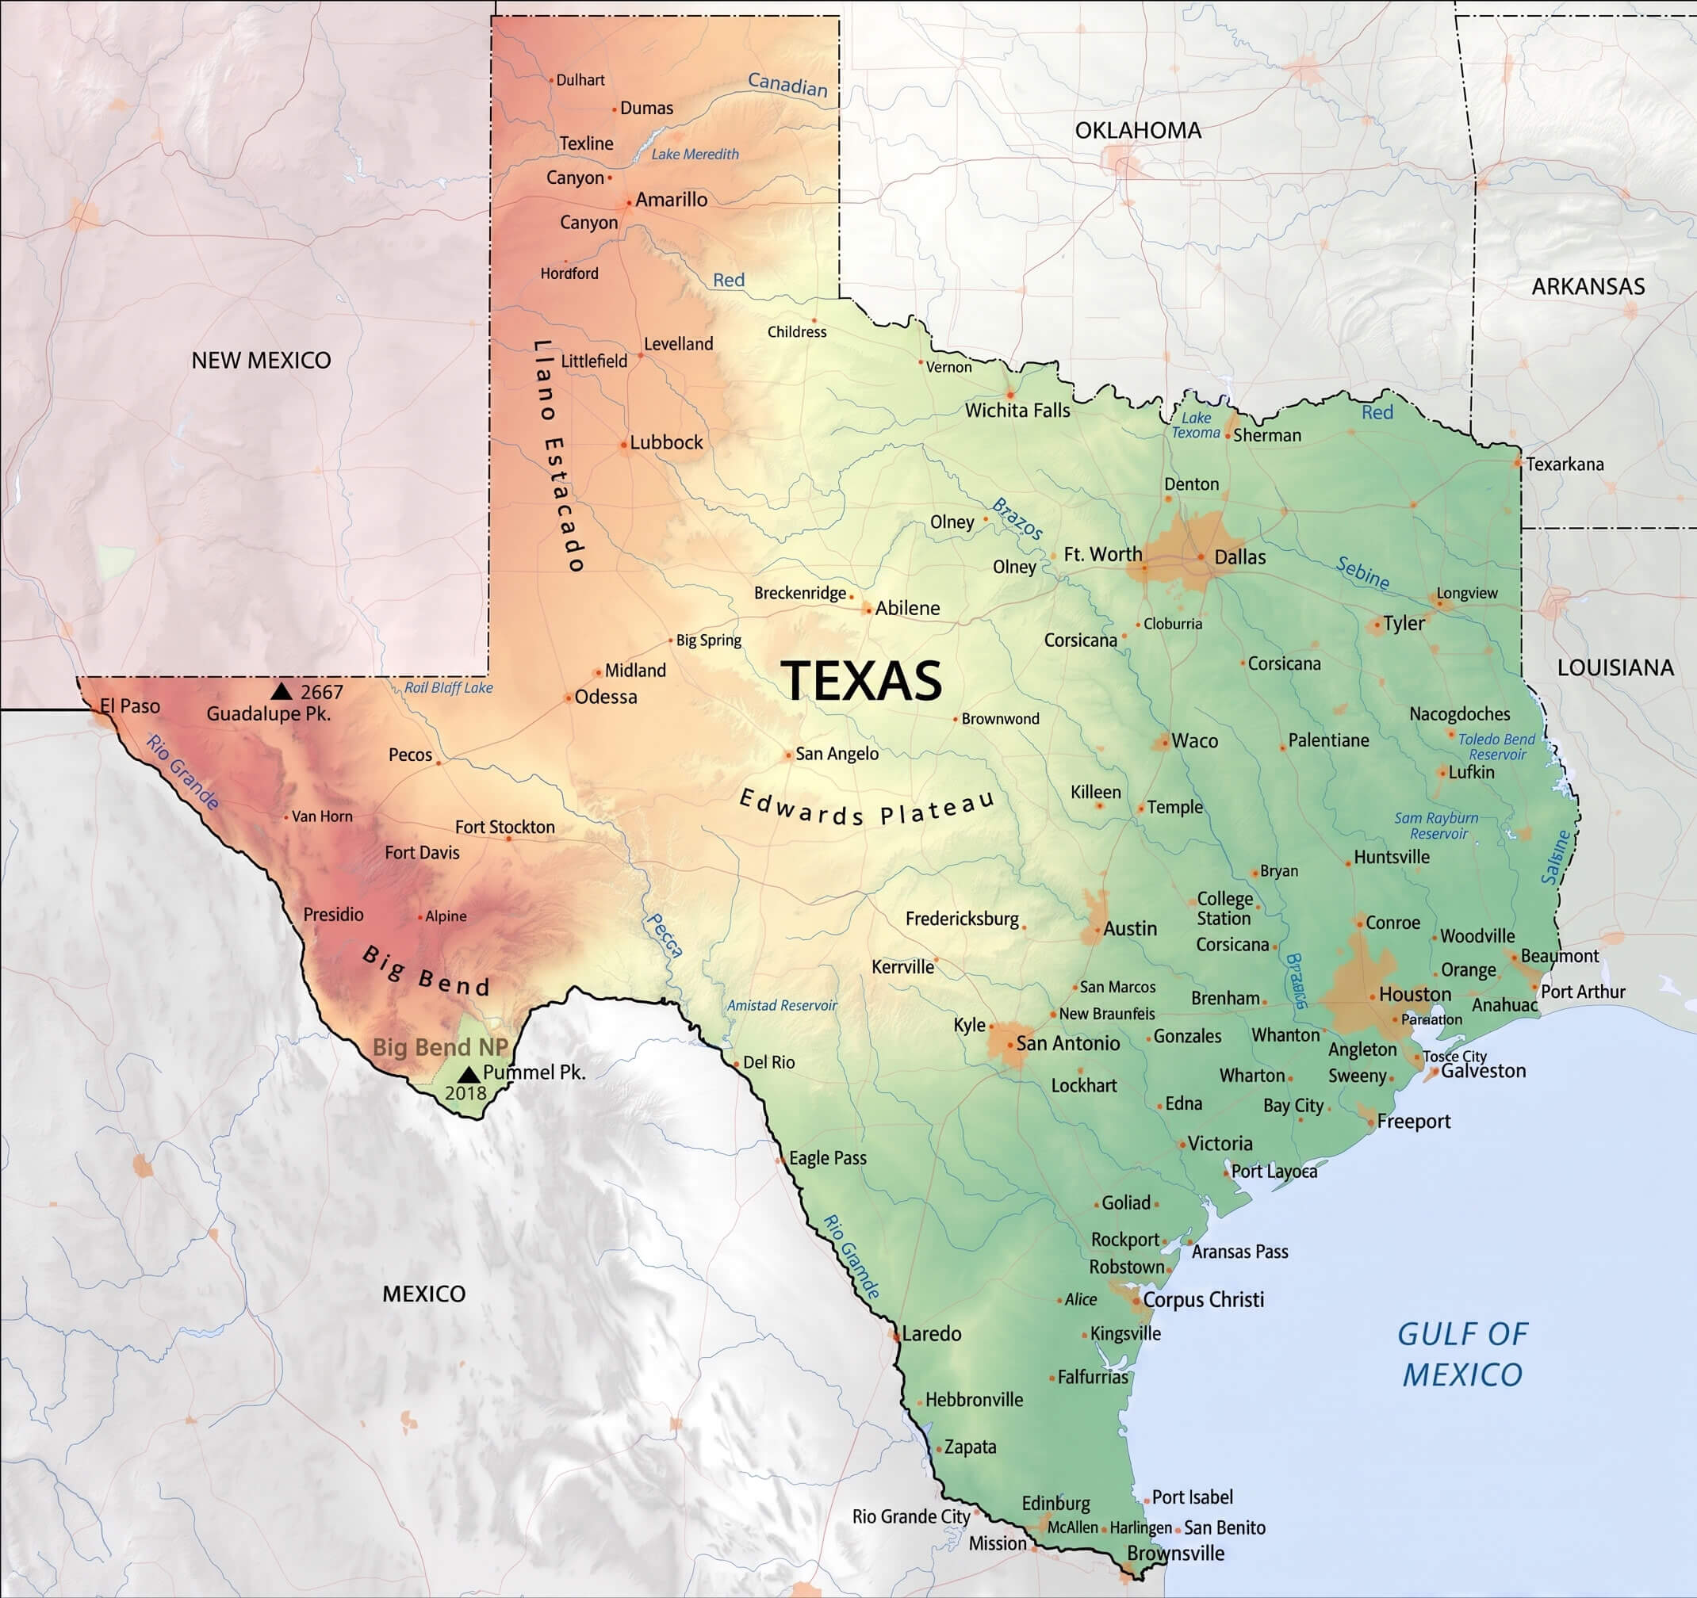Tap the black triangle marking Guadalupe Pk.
[281, 691]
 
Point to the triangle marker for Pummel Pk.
[468, 1074]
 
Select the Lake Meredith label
[695, 155]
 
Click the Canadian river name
[787, 85]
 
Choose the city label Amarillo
[671, 200]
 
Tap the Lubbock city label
[666, 442]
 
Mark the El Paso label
[130, 705]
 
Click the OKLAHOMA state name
[1137, 131]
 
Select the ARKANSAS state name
[1588, 287]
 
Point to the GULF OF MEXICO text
[1462, 1354]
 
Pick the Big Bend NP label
[439, 1048]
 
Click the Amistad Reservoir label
[782, 1006]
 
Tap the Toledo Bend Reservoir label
[1496, 747]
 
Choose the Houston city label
[1415, 994]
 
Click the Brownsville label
[1175, 1553]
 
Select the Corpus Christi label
[1203, 1299]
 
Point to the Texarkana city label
[1564, 464]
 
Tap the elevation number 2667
[321, 692]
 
